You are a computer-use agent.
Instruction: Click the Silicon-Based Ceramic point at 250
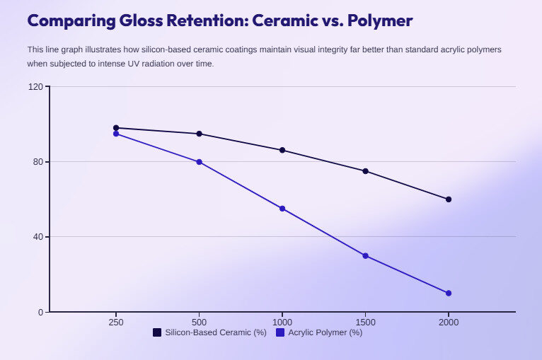[116, 128]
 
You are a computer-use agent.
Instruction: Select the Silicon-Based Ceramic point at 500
[200, 134]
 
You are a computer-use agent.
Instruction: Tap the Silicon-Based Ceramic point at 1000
[282, 150]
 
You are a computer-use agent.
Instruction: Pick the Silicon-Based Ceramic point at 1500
[366, 171]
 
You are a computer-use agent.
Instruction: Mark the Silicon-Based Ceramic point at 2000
[449, 199]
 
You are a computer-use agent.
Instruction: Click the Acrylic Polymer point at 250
[116, 134]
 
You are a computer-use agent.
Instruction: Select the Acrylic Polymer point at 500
[200, 162]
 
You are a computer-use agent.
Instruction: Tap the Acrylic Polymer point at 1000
[282, 209]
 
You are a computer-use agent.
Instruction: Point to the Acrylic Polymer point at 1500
[366, 255]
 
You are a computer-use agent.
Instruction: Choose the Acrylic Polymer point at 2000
[449, 293]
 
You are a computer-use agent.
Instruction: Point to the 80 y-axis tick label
[38, 162]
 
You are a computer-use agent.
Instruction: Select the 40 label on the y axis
[38, 237]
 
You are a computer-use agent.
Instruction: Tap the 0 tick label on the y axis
[41, 312]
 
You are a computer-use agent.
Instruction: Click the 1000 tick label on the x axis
[282, 323]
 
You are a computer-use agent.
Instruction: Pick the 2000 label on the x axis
[449, 323]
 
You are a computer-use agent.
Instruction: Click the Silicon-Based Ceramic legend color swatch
[157, 332]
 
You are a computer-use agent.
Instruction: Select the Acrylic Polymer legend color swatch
[280, 332]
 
